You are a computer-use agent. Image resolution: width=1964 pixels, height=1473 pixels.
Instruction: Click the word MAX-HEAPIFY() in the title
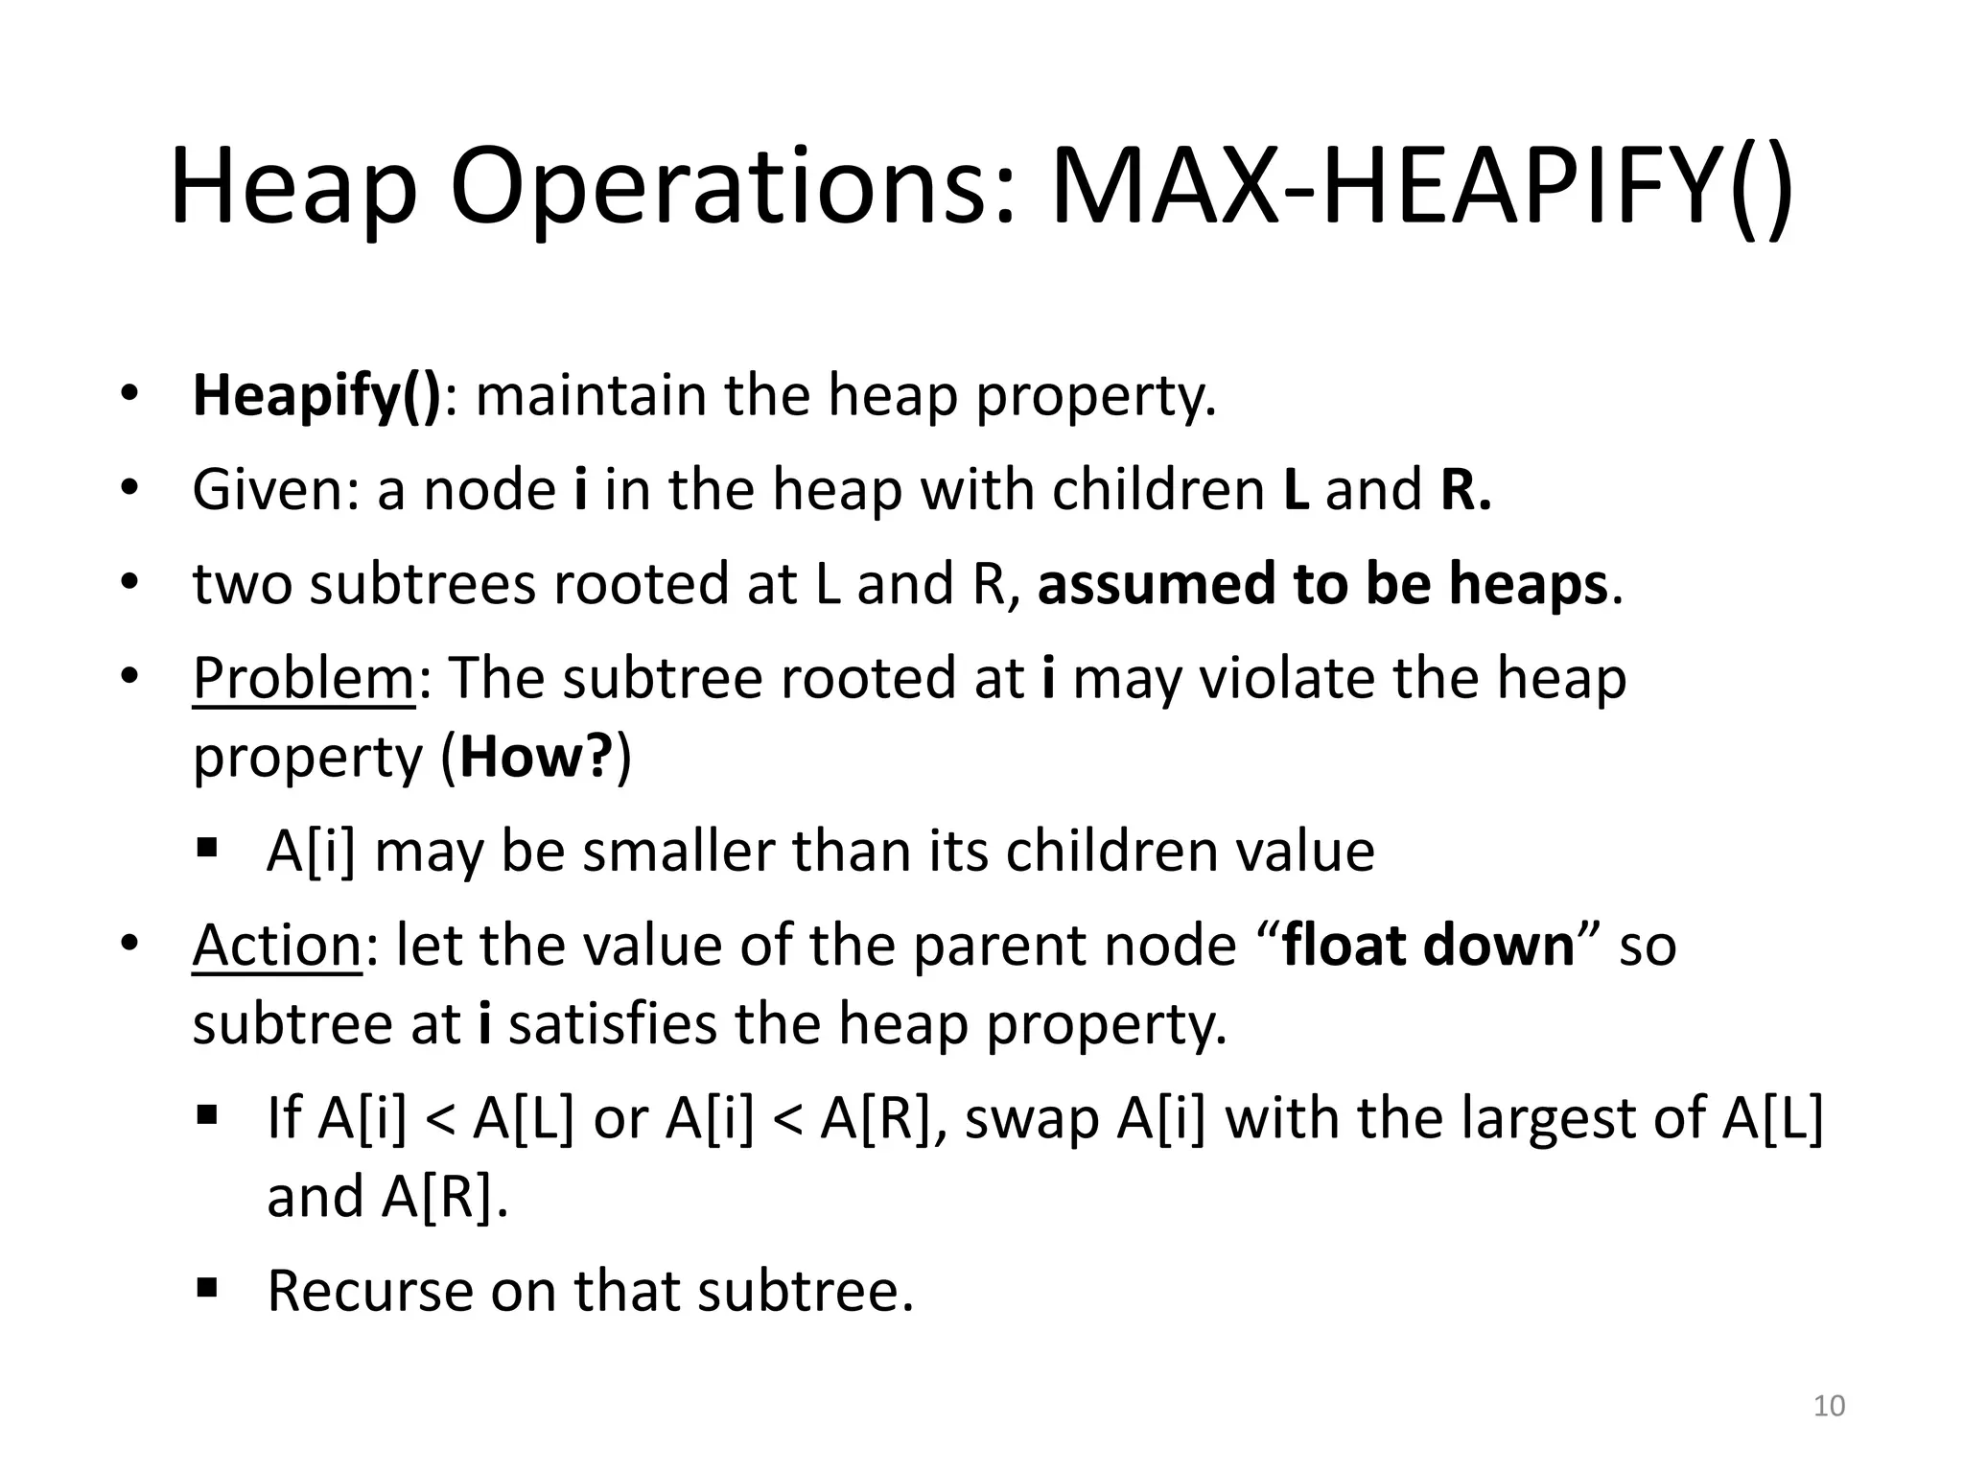[1422, 187]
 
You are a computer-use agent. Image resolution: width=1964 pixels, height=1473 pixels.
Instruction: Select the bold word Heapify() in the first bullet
[316, 395]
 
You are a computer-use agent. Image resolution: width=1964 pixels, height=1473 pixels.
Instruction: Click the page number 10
[1829, 1406]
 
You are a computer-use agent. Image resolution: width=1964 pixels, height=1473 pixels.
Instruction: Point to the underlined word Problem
[303, 679]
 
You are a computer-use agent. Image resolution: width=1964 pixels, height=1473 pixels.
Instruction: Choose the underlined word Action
[276, 946]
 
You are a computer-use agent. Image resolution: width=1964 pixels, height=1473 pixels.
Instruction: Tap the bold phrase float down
[1429, 946]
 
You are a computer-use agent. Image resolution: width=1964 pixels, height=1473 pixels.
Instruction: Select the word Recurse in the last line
[369, 1291]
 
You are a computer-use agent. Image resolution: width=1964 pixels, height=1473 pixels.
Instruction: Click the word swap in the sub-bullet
[1031, 1119]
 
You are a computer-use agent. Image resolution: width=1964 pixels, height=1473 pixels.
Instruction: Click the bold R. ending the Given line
[1465, 490]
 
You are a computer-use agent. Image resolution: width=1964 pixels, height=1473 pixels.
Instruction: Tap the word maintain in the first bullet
[591, 395]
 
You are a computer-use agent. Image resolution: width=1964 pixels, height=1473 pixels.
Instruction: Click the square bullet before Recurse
[206, 1287]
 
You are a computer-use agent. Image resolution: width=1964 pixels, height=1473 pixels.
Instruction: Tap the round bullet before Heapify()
[129, 394]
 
